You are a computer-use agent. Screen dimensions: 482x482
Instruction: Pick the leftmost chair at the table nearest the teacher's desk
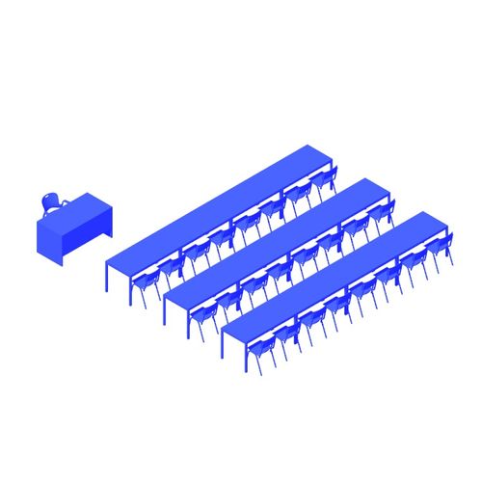tap(147, 284)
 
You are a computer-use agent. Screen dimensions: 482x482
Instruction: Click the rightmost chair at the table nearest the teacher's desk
tap(325, 181)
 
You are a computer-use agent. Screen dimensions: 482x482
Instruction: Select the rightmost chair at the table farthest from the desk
tap(442, 248)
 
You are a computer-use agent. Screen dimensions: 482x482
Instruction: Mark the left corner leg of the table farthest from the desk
tap(223, 344)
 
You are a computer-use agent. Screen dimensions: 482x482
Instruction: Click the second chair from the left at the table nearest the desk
tap(173, 269)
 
